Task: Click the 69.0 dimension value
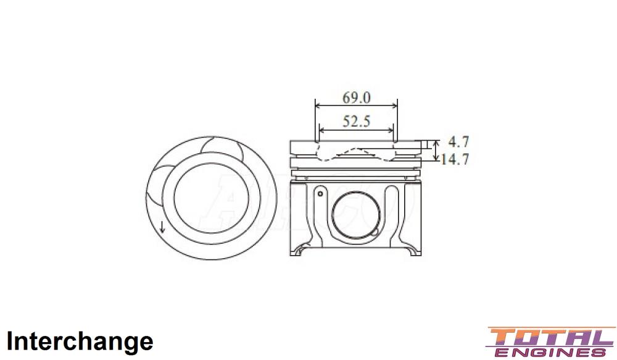click(x=357, y=97)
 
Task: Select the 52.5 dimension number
click(x=357, y=121)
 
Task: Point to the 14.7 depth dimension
click(x=455, y=159)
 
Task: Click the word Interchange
click(x=80, y=341)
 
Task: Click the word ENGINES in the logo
click(x=551, y=352)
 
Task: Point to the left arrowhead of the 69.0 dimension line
click(x=318, y=105)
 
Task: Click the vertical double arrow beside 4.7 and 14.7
click(x=437, y=150)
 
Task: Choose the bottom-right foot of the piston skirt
click(x=413, y=250)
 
